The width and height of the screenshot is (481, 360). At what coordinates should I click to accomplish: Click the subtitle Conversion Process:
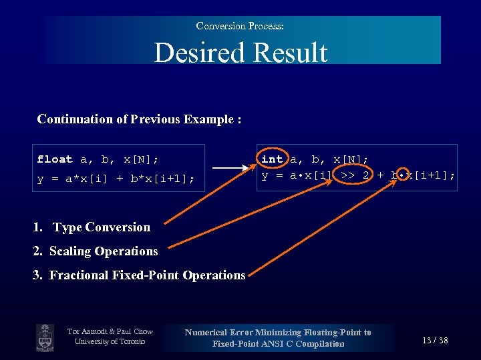(240, 26)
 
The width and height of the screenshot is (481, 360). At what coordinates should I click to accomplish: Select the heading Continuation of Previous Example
(139, 119)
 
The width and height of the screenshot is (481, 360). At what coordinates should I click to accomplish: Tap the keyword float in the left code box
(55, 159)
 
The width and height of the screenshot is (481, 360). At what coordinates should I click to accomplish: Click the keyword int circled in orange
(272, 159)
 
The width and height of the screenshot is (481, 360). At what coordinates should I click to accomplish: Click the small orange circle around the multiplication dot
(399, 175)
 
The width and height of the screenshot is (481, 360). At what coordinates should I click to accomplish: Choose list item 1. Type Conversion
(92, 227)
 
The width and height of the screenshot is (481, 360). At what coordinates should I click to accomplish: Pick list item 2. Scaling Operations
(96, 251)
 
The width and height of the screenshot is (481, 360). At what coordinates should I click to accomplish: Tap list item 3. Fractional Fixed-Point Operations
(139, 275)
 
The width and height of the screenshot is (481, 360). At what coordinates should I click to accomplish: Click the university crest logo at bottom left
(45, 337)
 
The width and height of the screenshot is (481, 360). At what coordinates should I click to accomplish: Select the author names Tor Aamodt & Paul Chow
(110, 331)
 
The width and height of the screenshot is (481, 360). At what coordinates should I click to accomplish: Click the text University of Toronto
(110, 342)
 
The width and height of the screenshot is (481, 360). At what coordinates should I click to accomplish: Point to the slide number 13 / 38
(435, 341)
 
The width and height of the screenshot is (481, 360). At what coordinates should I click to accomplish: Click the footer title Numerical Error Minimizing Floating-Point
(278, 332)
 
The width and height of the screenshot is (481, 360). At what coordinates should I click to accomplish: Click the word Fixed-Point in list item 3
(145, 275)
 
